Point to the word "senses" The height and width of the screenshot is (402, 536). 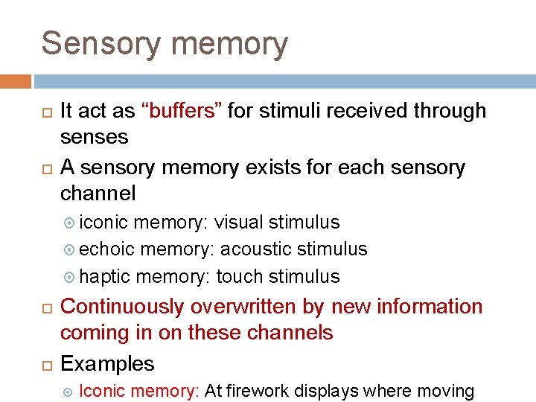pyautogui.click(x=94, y=138)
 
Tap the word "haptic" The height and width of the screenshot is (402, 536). pyautogui.click(x=104, y=277)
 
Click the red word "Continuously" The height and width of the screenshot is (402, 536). pyautogui.click(x=121, y=307)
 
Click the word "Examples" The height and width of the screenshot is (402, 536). pyautogui.click(x=107, y=364)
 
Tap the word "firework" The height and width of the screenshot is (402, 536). pyautogui.click(x=259, y=391)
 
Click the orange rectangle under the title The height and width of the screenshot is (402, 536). pyautogui.click(x=16, y=81)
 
